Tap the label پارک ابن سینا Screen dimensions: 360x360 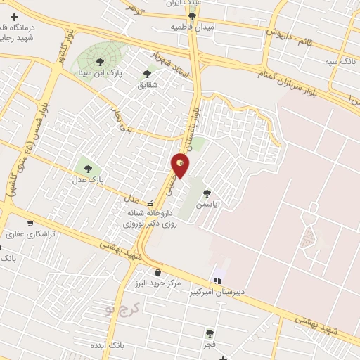click(104, 72)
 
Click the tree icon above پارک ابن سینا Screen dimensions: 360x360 click(104, 60)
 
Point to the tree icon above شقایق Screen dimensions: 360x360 click(147, 73)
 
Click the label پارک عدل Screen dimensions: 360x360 click(86, 179)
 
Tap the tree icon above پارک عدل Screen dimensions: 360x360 click(88, 168)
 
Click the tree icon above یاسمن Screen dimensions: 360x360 click(207, 192)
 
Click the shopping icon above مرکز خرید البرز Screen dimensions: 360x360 click(157, 272)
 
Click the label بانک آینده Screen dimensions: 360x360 click(112, 346)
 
